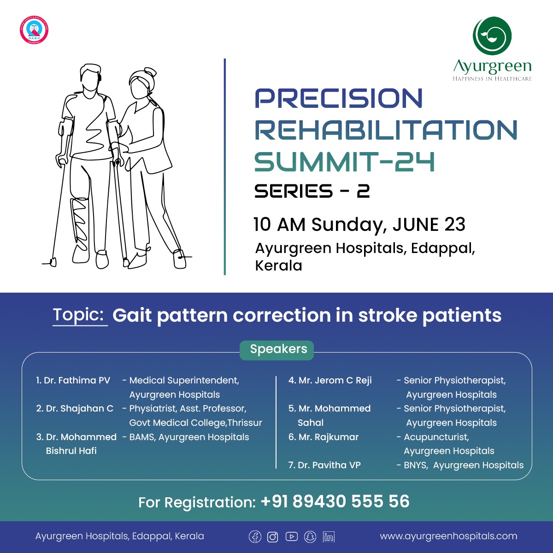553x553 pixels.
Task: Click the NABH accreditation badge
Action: click(34, 30)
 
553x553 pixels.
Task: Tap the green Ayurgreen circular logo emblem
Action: click(492, 36)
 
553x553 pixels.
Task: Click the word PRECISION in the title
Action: click(339, 99)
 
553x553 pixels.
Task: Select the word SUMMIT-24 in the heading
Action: click(345, 162)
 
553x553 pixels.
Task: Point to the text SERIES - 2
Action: click(312, 191)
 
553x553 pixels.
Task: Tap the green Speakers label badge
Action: click(277, 350)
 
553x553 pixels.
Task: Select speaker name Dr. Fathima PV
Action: click(74, 381)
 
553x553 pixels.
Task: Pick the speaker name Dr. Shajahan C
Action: click(75, 409)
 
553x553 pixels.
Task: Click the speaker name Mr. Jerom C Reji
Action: click(330, 381)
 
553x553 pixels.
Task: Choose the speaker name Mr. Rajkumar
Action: click(324, 437)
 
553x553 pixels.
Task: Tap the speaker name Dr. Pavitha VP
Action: click(324, 465)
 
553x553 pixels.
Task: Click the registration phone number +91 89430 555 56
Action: click(335, 501)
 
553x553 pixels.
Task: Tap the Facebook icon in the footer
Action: click(255, 536)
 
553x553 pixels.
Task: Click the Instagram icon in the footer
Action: click(273, 536)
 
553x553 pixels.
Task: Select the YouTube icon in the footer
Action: click(291, 536)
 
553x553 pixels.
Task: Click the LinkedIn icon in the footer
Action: click(329, 536)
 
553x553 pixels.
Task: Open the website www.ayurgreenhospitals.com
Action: click(448, 536)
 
